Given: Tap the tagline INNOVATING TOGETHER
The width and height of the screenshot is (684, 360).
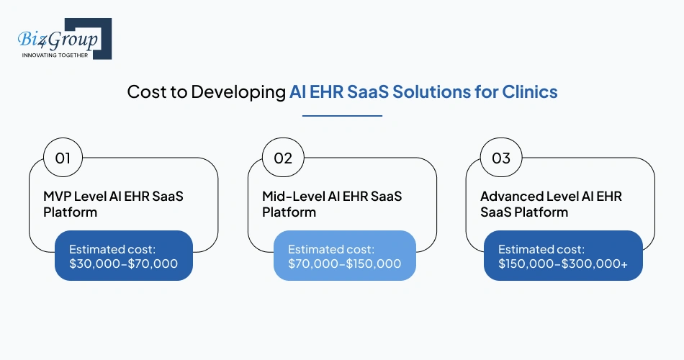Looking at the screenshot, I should click(55, 55).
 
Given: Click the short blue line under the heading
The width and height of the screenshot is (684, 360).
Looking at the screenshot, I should click(342, 114).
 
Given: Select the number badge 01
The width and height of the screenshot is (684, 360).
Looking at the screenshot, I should click(63, 158).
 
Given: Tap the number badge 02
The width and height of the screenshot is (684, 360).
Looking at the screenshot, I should click(282, 158).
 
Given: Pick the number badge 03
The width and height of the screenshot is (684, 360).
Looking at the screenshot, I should click(500, 158).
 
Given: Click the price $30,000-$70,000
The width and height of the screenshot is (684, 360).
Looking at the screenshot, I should click(123, 264).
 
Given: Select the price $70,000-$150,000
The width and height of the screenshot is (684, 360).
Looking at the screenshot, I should click(344, 264).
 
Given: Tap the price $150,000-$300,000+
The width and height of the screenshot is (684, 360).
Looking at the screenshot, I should click(563, 264).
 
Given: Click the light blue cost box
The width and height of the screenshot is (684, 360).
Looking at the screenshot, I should click(344, 256).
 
